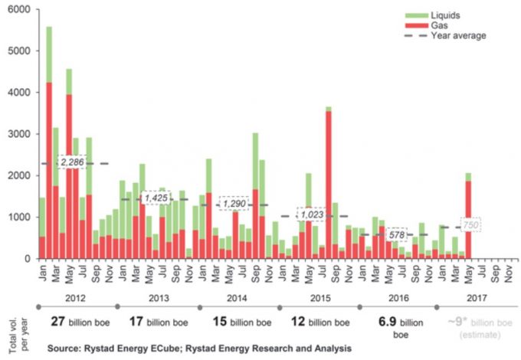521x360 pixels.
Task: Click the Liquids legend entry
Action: click(447, 15)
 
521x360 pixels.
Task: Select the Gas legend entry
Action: click(440, 25)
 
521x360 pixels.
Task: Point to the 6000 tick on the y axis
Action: click(18, 9)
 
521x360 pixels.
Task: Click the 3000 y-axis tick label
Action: click(18, 134)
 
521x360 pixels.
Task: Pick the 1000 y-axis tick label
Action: click(18, 218)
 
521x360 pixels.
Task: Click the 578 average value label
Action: click(396, 234)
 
